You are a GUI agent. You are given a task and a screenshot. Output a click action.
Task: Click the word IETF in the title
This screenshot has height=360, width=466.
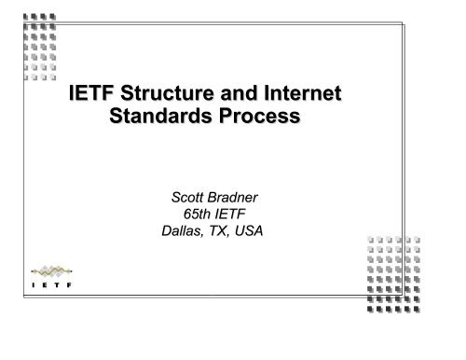(94, 94)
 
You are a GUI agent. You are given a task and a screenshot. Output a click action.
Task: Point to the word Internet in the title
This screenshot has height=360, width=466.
(300, 94)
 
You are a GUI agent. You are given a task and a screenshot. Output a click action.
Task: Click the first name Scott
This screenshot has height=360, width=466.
(181, 196)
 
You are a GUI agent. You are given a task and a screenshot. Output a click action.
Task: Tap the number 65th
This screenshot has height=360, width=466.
(199, 214)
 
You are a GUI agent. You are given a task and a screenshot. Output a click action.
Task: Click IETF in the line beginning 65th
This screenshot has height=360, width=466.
(238, 214)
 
